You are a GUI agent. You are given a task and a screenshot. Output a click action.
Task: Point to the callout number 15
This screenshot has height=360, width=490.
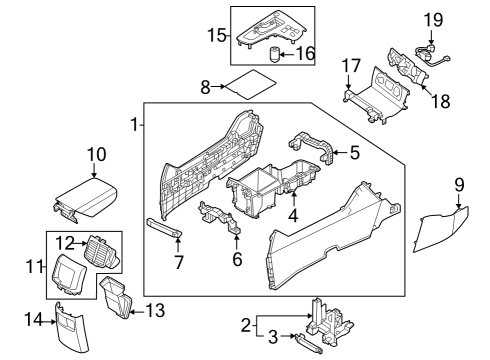click(x=214, y=35)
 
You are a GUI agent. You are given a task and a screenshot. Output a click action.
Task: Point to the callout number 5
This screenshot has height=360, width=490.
click(x=354, y=153)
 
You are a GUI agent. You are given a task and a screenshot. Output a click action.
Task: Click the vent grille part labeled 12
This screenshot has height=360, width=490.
click(x=98, y=250)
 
